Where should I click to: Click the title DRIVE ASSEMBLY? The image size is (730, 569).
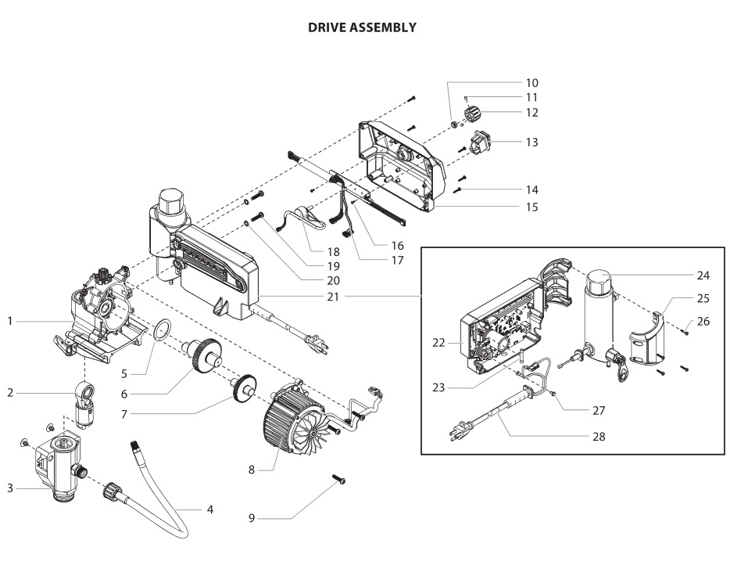coord(362,27)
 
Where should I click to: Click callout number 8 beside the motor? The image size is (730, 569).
coord(252,470)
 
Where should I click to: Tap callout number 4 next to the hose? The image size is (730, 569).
coord(210,510)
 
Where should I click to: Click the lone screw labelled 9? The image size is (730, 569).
coord(339,479)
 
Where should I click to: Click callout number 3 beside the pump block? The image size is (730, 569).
coord(10,488)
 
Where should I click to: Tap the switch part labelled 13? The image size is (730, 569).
coord(478,144)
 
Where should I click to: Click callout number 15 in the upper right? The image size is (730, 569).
coord(532,207)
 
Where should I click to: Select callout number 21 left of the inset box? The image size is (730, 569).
coord(333,296)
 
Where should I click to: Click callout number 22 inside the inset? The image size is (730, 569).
coord(439,342)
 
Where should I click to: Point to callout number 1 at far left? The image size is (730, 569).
coord(10,321)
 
